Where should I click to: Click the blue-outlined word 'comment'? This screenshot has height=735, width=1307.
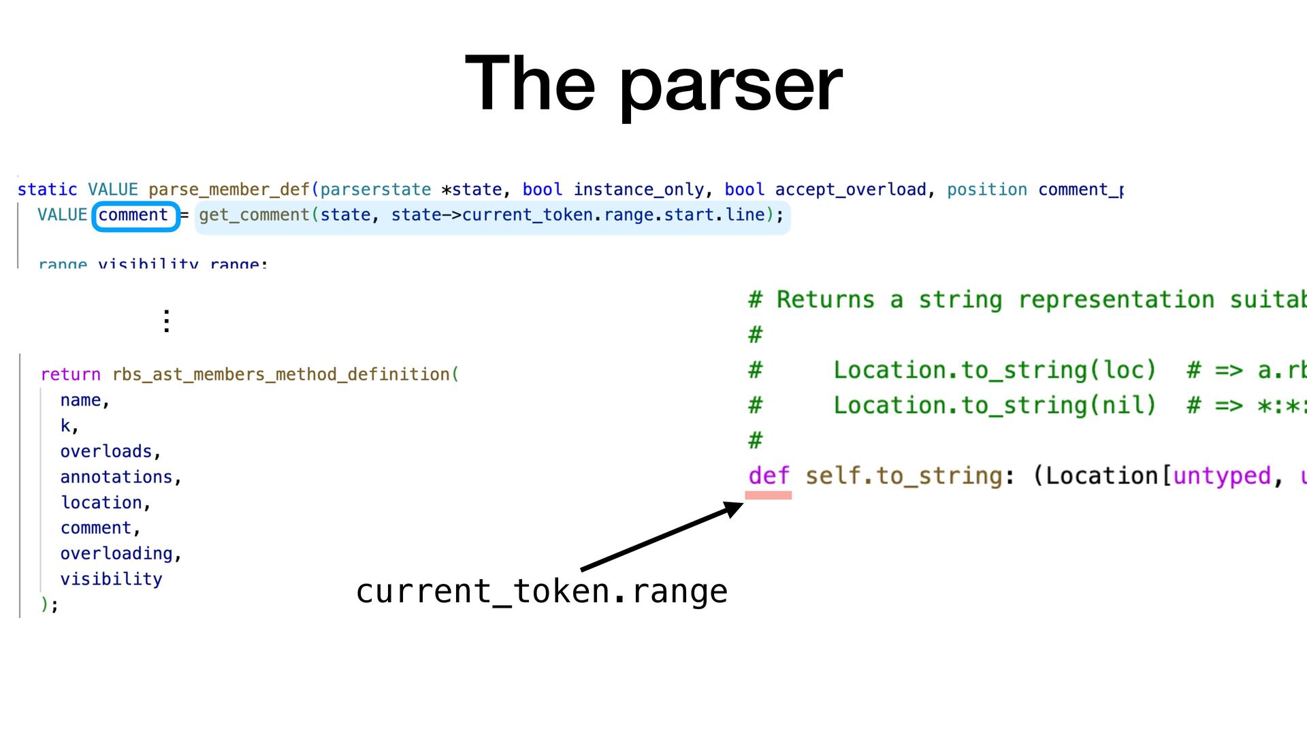tap(133, 215)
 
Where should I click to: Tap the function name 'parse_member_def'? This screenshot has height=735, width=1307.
tap(229, 190)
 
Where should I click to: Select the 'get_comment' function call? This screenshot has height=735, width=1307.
tap(254, 215)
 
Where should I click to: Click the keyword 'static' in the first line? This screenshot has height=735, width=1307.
tap(47, 190)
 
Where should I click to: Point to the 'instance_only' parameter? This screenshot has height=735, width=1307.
tap(638, 190)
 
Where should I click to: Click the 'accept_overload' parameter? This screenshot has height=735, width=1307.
tap(850, 190)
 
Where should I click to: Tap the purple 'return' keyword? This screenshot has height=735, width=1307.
tap(70, 374)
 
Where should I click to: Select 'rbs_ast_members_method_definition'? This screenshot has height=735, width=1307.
tap(281, 374)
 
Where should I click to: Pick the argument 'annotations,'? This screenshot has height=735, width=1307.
tap(120, 477)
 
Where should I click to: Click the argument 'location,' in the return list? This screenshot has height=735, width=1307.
tap(106, 502)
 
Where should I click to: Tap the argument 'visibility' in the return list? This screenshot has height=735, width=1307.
tap(111, 579)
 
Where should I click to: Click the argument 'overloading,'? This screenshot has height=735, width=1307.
tap(120, 553)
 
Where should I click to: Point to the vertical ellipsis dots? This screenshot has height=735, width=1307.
tap(167, 321)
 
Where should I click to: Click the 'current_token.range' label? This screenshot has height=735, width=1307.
tap(541, 591)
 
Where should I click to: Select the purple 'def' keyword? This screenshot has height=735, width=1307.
tap(769, 476)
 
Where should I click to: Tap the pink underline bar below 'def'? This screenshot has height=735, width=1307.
tap(768, 495)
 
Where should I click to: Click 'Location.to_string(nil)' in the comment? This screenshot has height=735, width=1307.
tap(995, 406)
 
